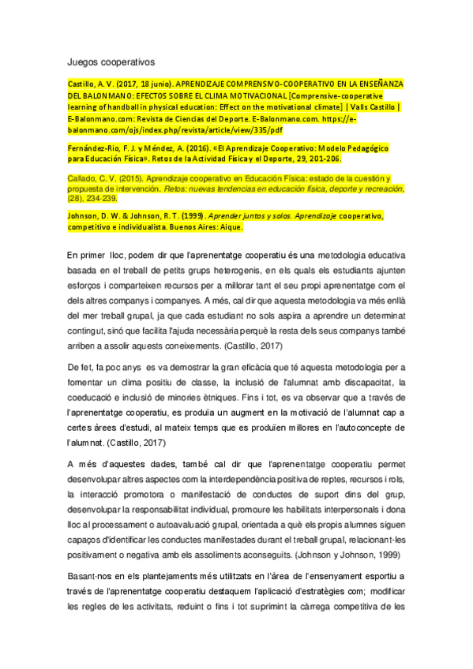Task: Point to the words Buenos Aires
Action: coord(185,227)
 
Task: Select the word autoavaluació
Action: coord(197,525)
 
